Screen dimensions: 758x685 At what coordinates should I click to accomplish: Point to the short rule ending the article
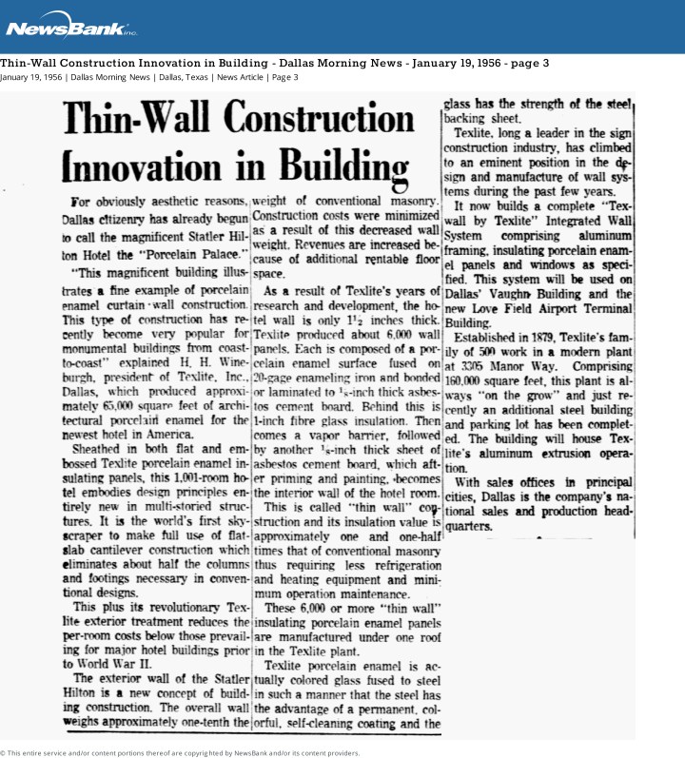[538, 539]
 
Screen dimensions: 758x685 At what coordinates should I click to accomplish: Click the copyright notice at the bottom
[181, 752]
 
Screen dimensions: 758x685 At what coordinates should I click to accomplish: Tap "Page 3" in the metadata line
[284, 77]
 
